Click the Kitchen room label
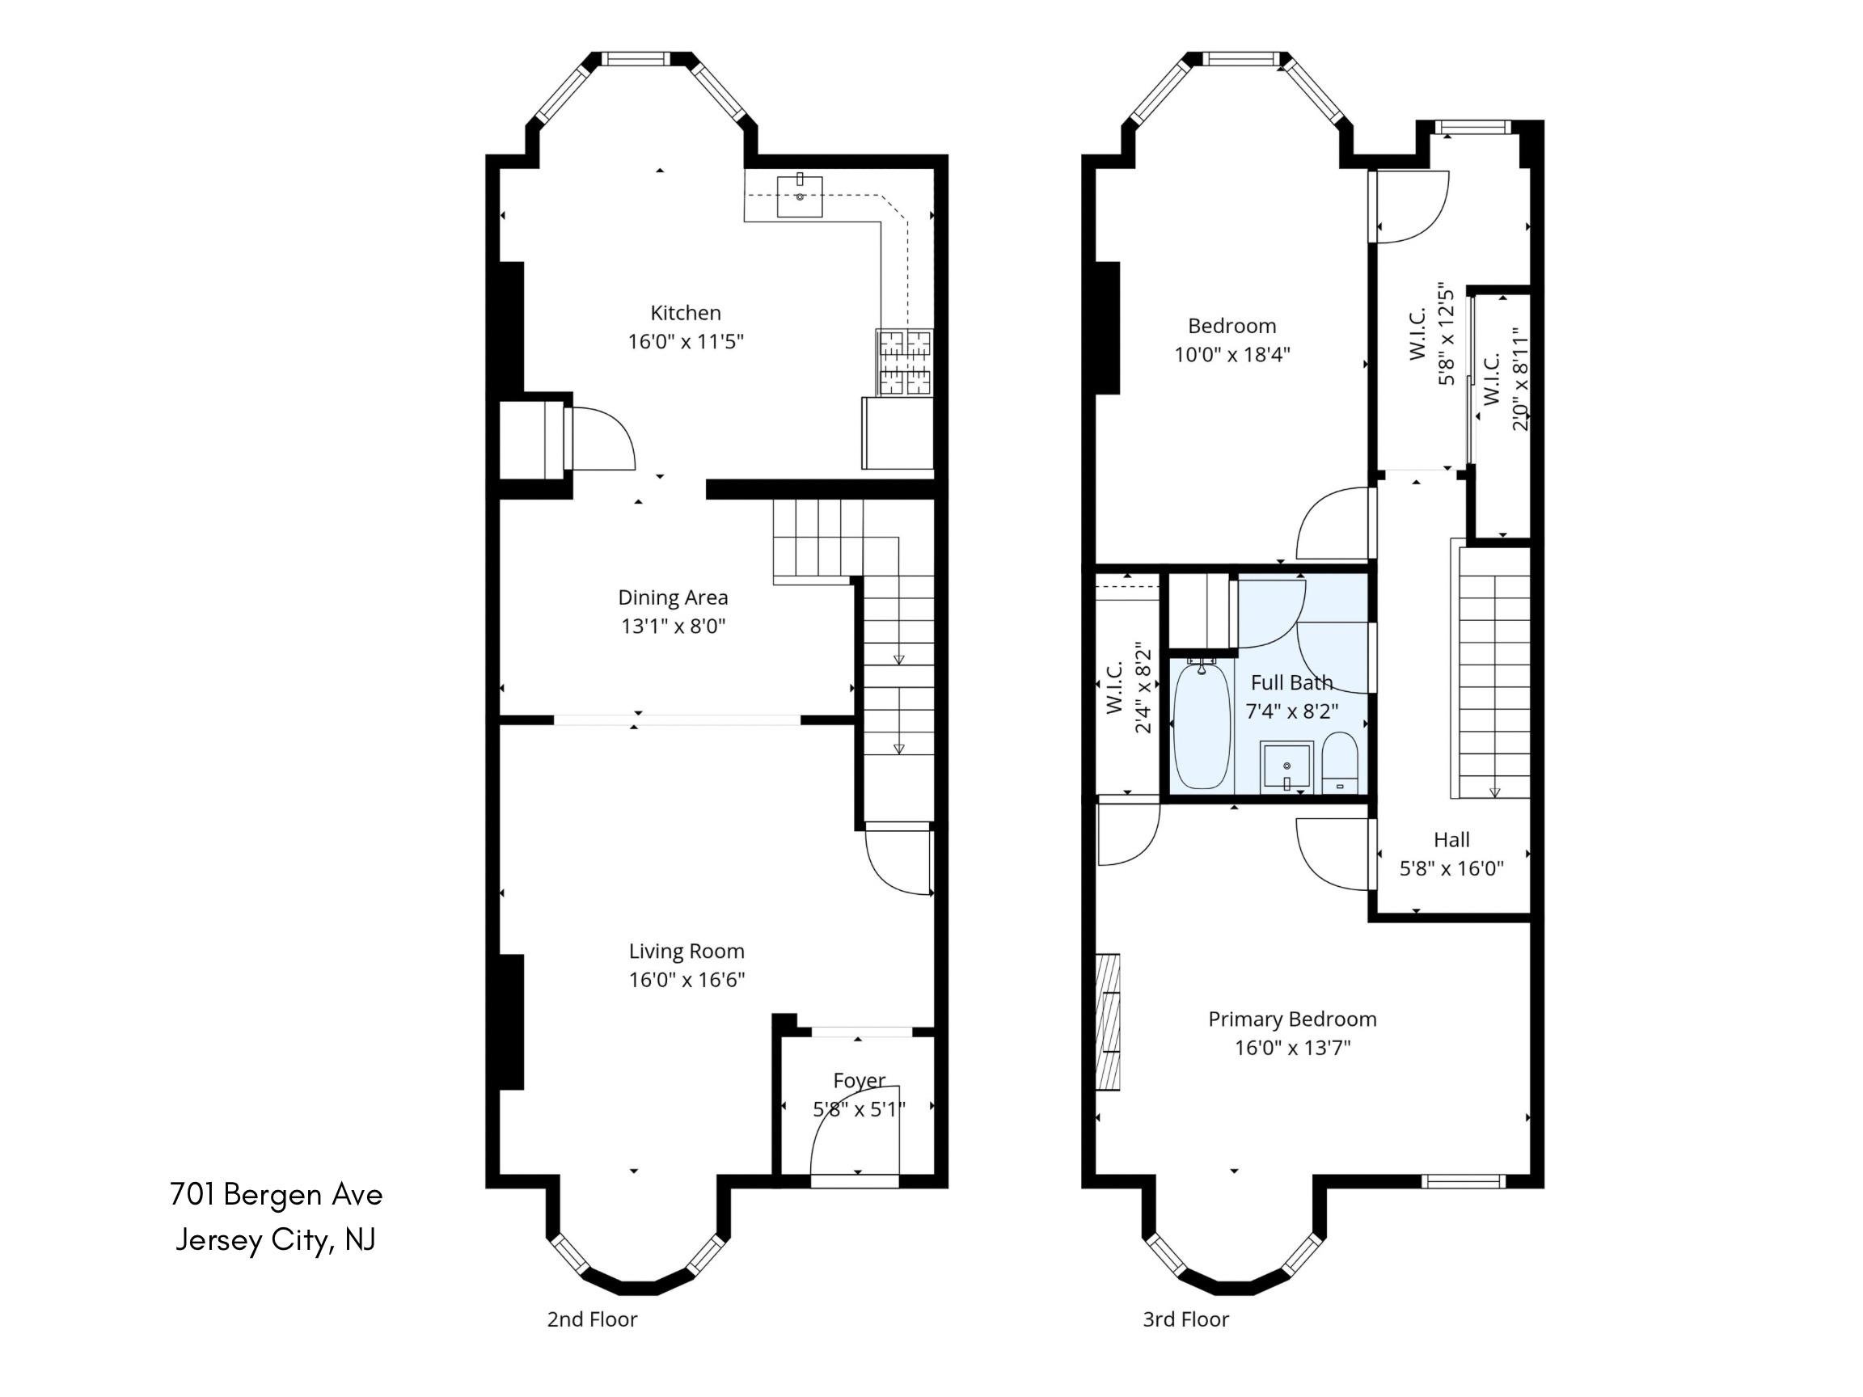(x=686, y=313)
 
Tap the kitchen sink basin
(x=799, y=196)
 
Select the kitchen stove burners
(x=905, y=362)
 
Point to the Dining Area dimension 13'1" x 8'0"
(x=673, y=627)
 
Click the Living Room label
(x=686, y=952)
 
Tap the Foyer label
(x=859, y=1080)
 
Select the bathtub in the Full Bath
(x=1202, y=726)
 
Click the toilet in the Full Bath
(x=1339, y=763)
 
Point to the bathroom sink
(x=1286, y=767)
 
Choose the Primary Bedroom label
(x=1292, y=1019)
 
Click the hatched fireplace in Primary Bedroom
(x=1108, y=1022)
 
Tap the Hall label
(x=1451, y=839)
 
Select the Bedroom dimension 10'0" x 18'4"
(x=1232, y=355)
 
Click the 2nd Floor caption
(x=592, y=1319)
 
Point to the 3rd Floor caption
(x=1186, y=1319)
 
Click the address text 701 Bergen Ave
(x=277, y=1195)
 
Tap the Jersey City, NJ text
(x=276, y=1240)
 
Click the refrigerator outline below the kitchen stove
(x=898, y=433)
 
